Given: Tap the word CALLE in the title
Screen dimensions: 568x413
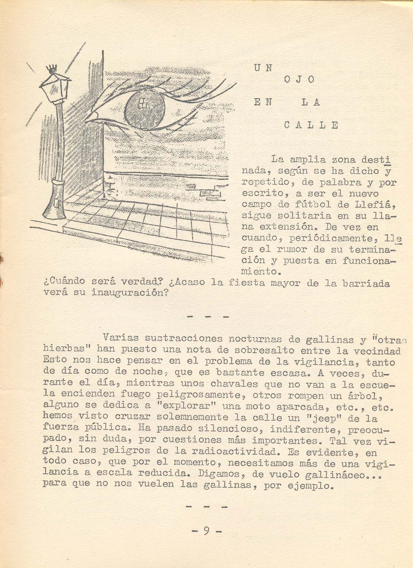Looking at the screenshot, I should pyautogui.click(x=311, y=125).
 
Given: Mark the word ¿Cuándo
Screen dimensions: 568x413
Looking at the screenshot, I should pyautogui.click(x=65, y=282).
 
